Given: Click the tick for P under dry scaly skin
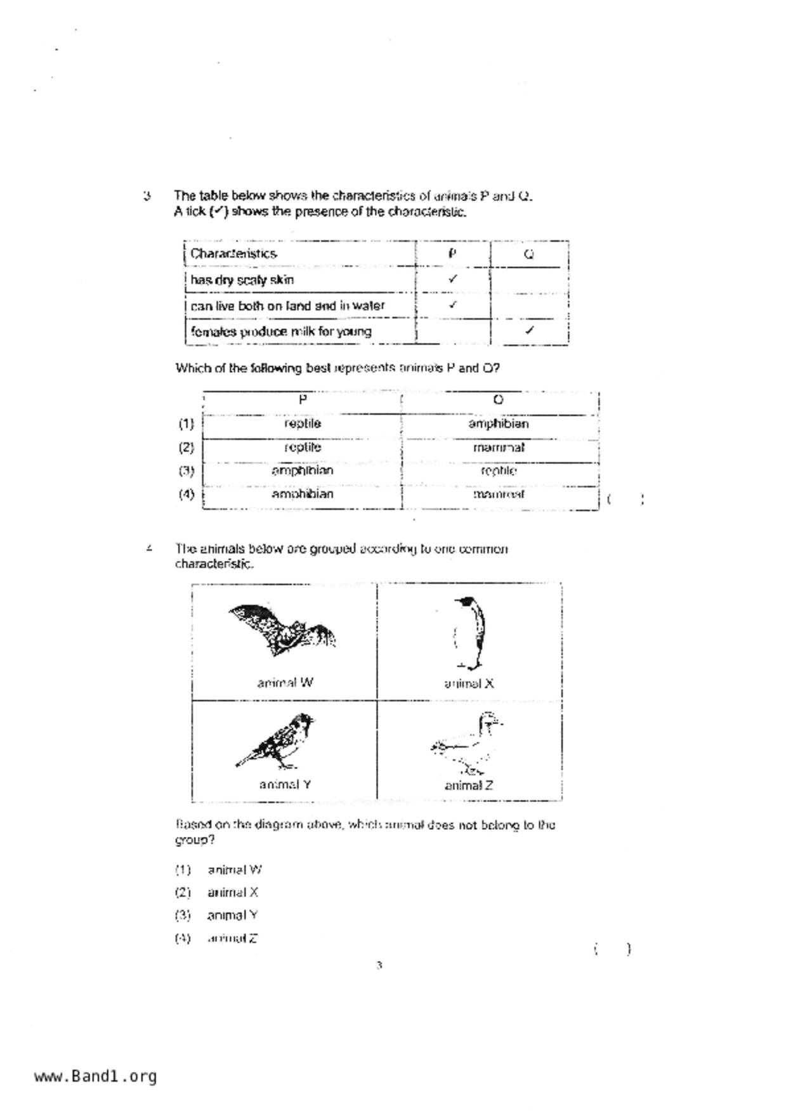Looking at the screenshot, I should point(452,278).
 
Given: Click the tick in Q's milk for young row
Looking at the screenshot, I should point(530,330).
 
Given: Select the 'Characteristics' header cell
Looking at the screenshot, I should point(233,254).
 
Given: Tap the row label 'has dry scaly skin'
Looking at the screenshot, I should point(242,280).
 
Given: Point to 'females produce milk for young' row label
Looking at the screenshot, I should point(281,331).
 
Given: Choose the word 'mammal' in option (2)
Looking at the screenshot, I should point(499,448).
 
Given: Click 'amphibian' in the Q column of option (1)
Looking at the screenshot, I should point(499,423).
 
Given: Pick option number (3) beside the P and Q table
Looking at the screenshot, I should point(186,471).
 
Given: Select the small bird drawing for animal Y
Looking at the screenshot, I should point(278,740).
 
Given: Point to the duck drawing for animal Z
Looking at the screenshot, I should point(468,744).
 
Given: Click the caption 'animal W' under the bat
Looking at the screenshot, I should point(285,683).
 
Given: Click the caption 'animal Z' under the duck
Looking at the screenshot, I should point(469,786).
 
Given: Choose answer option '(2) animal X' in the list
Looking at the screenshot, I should point(217,893).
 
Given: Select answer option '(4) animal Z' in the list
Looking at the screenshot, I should point(217,938).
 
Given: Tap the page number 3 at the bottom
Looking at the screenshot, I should point(379,966).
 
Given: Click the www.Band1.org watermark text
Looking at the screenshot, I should point(96,1076).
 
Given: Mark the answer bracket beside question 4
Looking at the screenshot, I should point(612,949).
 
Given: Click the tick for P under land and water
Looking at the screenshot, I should point(452,304).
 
